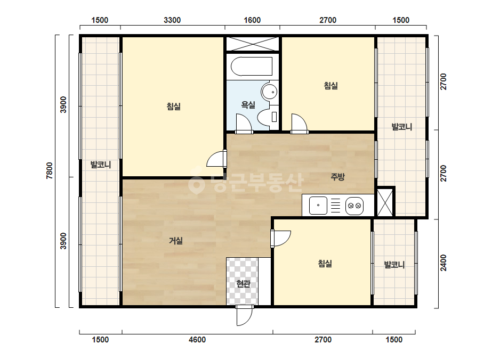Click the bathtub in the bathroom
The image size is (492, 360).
click(252, 66)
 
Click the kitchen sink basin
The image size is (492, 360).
click(318, 206)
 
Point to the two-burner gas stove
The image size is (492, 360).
click(354, 206)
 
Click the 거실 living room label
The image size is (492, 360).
click(175, 241)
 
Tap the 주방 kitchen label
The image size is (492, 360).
click(337, 177)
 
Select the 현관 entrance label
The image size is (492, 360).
click(243, 284)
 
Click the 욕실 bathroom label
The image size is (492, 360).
click(248, 104)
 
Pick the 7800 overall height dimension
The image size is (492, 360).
click(50, 170)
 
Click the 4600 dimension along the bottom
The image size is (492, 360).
click(197, 340)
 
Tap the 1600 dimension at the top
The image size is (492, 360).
click(252, 20)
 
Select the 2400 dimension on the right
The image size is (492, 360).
click(443, 263)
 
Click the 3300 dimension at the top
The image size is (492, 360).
click(172, 20)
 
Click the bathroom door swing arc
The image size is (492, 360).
click(244, 123)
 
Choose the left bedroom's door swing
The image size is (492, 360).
click(216, 159)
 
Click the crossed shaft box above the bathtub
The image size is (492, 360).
click(253, 44)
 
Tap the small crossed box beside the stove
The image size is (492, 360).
click(385, 202)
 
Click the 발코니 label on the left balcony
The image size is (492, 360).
click(100, 165)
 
